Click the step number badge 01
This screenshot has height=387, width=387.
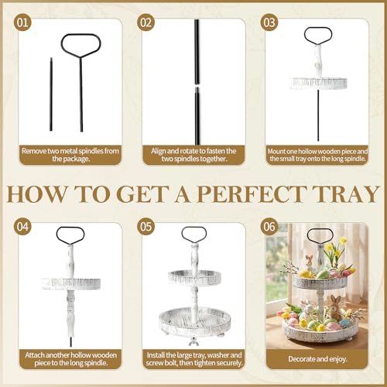(22, 22)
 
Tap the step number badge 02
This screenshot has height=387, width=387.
(146, 22)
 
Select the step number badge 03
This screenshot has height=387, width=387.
(269, 22)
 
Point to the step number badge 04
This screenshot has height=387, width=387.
(22, 227)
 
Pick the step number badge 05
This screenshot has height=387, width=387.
(146, 227)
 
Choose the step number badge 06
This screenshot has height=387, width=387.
(269, 227)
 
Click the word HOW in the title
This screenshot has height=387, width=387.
(37, 193)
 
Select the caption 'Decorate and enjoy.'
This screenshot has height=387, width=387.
(317, 359)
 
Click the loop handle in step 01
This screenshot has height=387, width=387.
(80, 46)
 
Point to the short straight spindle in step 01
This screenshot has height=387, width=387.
(51, 94)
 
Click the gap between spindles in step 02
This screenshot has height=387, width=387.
(197, 86)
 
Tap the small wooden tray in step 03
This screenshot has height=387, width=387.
(318, 83)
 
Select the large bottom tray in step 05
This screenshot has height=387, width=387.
(194, 323)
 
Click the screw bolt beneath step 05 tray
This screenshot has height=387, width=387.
(193, 342)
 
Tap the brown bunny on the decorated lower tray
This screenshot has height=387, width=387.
(335, 307)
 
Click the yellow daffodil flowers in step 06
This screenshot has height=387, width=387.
(336, 246)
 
